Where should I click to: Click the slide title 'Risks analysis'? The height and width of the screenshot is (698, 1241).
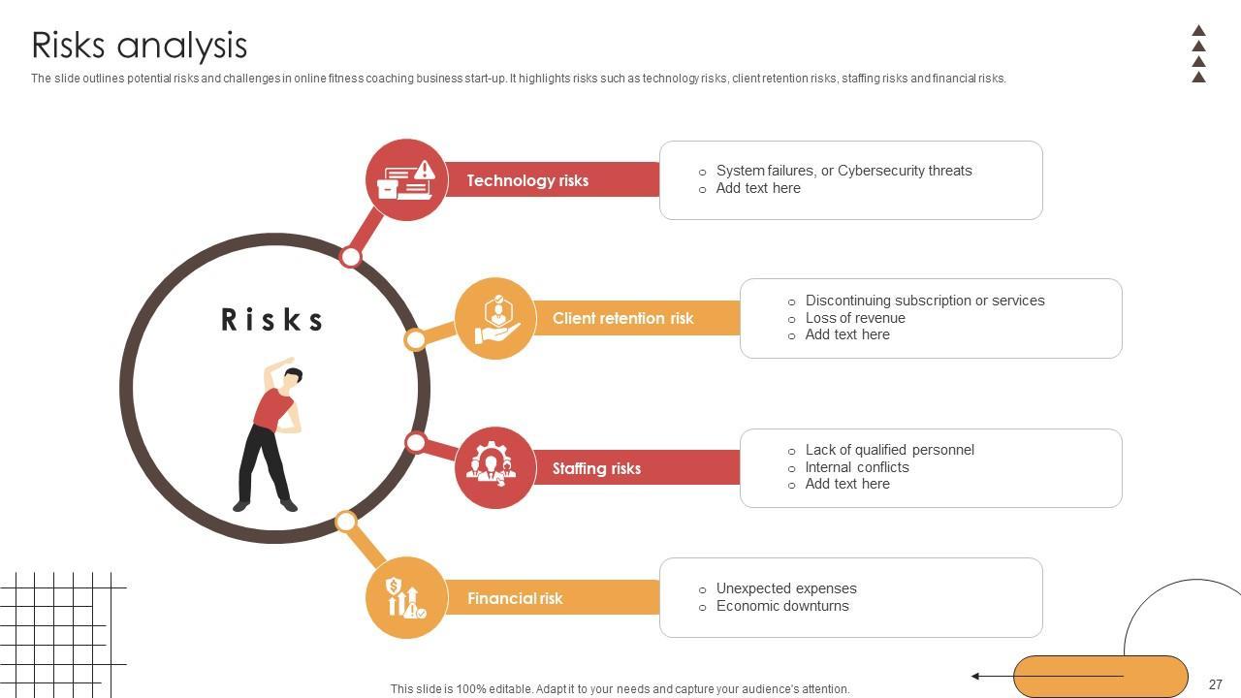(140, 46)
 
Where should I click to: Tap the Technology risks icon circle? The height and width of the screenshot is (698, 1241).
(406, 179)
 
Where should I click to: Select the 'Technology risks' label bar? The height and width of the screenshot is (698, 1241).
(527, 180)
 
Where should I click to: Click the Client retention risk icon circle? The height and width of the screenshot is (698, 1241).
(495, 318)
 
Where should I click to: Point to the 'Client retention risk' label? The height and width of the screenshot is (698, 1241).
(622, 318)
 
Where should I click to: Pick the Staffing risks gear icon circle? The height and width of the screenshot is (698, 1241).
(495, 467)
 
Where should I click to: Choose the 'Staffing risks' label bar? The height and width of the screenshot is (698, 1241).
(596, 468)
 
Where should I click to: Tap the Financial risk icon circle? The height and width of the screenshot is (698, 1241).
(406, 598)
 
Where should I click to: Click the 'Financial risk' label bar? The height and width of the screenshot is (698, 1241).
(515, 598)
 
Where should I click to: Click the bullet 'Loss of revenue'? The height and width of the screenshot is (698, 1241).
(854, 318)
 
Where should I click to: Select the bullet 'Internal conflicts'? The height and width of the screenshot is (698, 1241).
(856, 467)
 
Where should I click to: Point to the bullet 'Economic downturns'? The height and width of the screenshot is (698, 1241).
(781, 606)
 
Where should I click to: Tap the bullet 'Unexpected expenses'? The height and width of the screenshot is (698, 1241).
(785, 588)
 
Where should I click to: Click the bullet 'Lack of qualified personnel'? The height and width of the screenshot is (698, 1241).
(889, 450)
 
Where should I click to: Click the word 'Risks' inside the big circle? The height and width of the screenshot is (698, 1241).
(272, 320)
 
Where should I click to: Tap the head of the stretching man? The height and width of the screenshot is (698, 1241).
(293, 376)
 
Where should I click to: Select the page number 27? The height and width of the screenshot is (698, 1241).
(1215, 684)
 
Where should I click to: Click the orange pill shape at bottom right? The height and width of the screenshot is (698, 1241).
(1100, 677)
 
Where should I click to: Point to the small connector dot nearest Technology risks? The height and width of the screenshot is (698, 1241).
(351, 257)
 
